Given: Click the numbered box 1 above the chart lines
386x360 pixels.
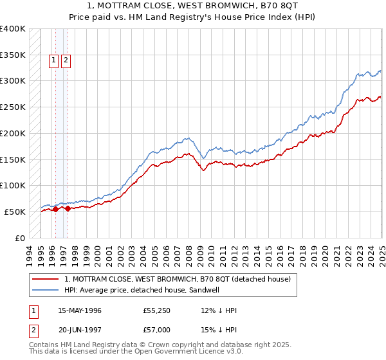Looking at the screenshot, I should tap(55, 61).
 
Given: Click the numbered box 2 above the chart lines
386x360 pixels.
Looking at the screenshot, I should tap(66, 61).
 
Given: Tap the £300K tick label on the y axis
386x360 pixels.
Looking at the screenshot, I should tap(13, 81).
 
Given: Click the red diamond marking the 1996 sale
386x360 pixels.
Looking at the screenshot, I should tap(55, 208).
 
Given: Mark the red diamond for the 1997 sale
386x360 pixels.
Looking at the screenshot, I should tap(68, 208).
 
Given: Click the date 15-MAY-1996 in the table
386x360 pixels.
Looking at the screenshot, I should tap(80, 310).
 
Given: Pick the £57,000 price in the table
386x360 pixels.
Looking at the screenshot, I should tap(157, 329).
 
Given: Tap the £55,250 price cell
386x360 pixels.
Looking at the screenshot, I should tap(157, 310).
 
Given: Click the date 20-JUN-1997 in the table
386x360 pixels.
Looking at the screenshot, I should tap(80, 329).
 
